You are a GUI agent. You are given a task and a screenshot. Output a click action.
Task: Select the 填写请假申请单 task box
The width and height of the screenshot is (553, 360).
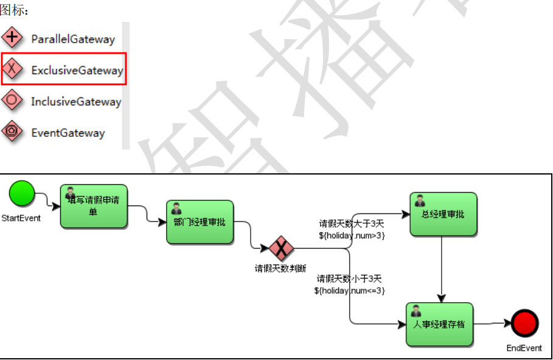94,206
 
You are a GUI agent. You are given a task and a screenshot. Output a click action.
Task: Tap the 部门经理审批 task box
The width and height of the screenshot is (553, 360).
200,222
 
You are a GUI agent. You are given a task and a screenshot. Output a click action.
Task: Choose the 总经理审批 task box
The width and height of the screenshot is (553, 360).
443,214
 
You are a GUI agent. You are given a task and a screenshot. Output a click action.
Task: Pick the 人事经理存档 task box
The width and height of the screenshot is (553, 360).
439,324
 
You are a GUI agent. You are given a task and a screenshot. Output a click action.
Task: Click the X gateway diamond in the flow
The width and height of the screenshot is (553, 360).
281,248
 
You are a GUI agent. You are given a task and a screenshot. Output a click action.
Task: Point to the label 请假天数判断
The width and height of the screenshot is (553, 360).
280,268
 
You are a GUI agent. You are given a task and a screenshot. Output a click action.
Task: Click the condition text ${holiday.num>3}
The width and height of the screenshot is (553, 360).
352,235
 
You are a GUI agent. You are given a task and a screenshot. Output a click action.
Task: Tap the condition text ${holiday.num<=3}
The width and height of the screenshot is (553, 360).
350,290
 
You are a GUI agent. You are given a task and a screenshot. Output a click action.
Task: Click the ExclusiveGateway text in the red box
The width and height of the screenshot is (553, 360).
77,70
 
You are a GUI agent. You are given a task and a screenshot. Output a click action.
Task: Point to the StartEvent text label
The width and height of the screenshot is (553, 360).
21,218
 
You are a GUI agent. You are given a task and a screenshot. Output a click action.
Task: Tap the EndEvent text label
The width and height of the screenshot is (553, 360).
524,348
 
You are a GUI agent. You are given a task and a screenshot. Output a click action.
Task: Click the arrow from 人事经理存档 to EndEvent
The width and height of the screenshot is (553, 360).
492,324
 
